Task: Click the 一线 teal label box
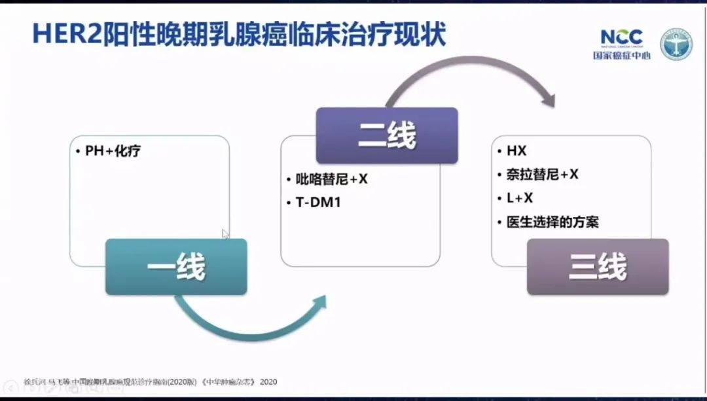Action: point(176,266)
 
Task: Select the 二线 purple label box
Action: point(387,135)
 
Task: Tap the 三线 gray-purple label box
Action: point(598,266)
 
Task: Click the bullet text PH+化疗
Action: point(113,151)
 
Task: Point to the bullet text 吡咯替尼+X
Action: point(331,179)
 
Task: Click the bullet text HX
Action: point(517,151)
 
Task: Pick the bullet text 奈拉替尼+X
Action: point(543,175)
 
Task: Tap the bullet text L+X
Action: point(520,198)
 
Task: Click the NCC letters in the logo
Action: point(622,37)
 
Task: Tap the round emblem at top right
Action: point(676,44)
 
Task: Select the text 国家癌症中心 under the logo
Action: point(622,56)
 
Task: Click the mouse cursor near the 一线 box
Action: point(225,234)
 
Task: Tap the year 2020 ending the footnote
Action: point(268,381)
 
